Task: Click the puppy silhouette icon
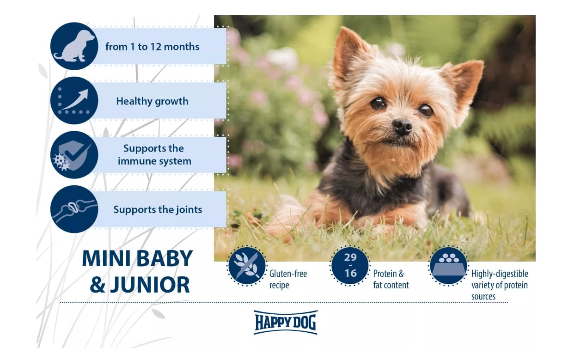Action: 74,46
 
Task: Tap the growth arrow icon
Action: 74,101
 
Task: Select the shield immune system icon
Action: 74,155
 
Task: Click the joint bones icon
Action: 74,209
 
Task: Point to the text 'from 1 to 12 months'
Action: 152,47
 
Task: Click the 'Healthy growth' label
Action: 152,101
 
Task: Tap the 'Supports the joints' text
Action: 158,209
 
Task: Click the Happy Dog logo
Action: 285,322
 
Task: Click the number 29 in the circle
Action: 350,257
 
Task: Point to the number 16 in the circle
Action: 350,274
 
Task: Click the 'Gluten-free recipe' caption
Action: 288,279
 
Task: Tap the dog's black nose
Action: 402,126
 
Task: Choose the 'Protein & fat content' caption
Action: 391,279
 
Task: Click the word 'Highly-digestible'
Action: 499,274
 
